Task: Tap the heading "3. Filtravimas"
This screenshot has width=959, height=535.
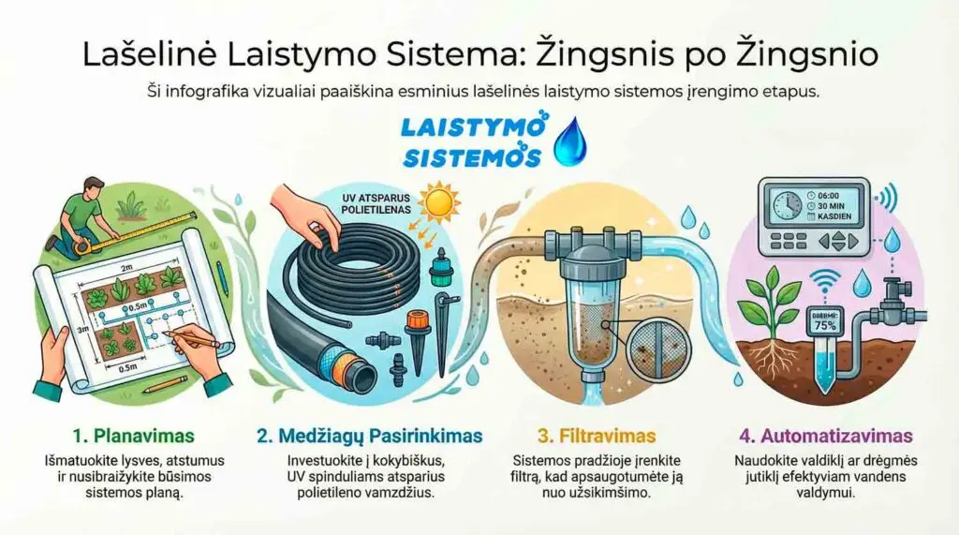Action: (x=597, y=436)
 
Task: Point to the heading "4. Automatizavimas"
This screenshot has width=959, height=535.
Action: (x=827, y=436)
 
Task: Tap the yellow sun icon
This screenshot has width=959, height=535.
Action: (x=438, y=204)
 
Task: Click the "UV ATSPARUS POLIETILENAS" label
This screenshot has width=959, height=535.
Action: (x=376, y=205)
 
